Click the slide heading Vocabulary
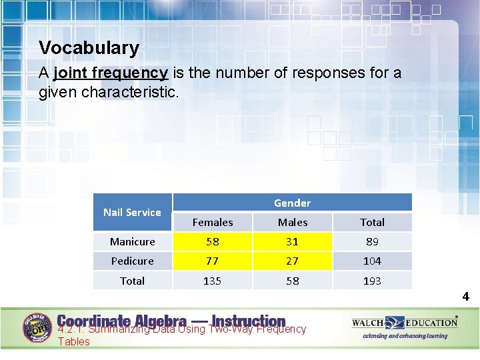pos(89,48)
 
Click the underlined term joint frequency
pos(110,72)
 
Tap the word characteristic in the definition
pos(129,91)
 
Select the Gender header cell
pos(292,203)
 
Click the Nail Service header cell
pos(132,212)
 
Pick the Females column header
pos(213,222)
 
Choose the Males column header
pos(293,222)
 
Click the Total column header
pos(372,222)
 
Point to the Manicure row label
pos(132,241)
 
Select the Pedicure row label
pos(132,261)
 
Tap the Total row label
pos(132,281)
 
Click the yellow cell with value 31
pos(293,241)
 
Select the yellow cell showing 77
pos(213,261)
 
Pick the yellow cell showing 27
pos(293,261)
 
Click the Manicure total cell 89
pos(372,241)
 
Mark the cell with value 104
pos(372,261)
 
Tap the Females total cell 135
pos(213,281)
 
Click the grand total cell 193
pos(372,281)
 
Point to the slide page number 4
pos(466,297)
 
